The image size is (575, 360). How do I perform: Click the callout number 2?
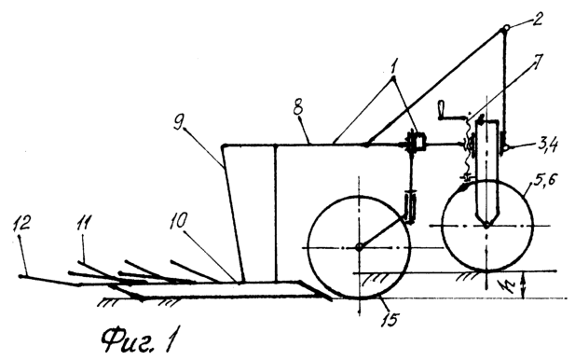(x=536, y=19)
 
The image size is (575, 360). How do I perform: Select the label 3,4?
(x=546, y=145)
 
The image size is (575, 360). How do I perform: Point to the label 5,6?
(x=545, y=181)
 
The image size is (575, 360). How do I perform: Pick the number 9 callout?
(x=178, y=120)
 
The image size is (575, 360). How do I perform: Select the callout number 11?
(x=83, y=223)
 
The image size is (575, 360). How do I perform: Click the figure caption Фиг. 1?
(x=137, y=339)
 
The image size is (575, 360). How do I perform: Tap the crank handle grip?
(x=441, y=110)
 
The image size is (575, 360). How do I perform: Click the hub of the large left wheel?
(x=359, y=248)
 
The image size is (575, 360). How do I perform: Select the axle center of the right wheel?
(x=486, y=226)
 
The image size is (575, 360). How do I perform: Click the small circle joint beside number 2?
(x=505, y=28)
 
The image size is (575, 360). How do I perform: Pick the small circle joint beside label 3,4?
(x=506, y=148)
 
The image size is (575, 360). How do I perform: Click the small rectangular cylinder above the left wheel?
(x=409, y=205)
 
